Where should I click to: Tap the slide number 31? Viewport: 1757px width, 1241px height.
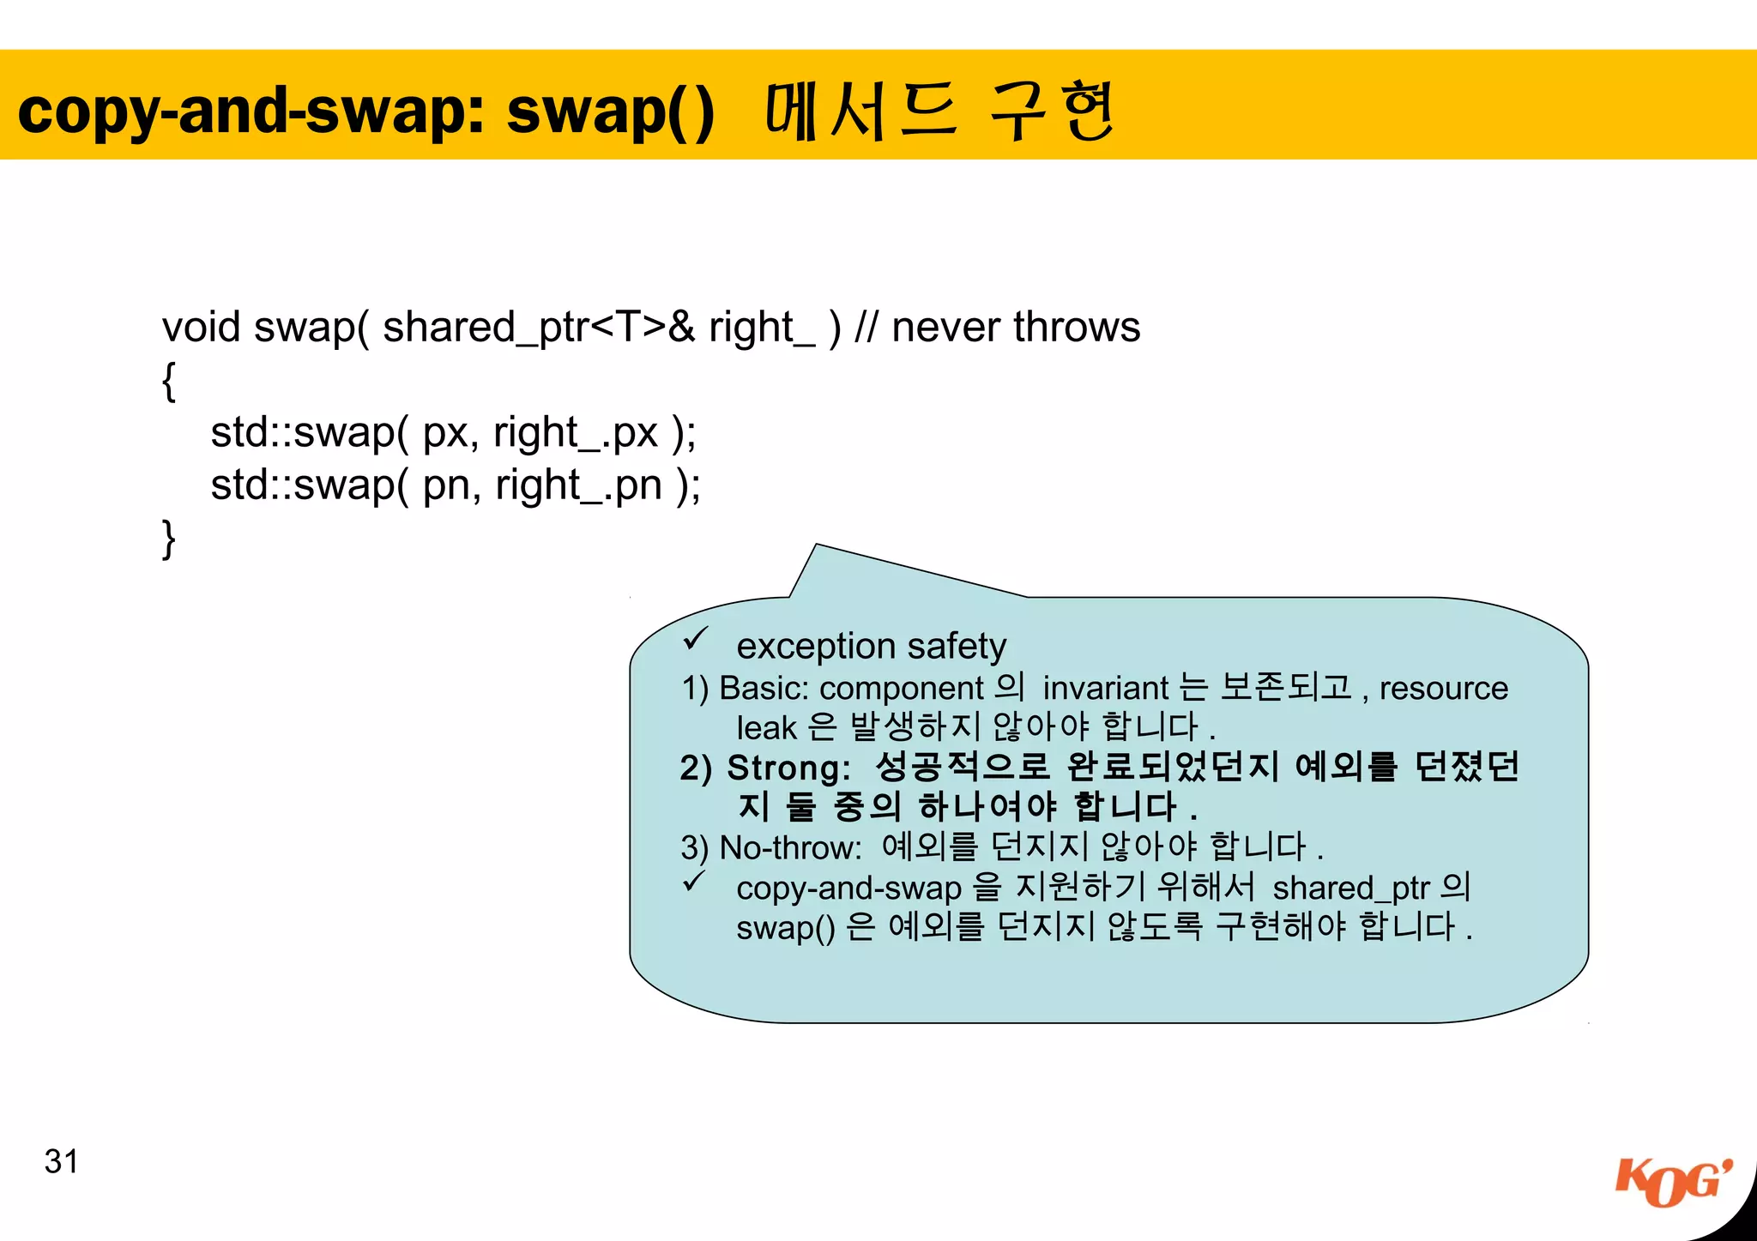click(61, 1162)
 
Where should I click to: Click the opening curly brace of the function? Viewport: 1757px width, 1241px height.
click(169, 381)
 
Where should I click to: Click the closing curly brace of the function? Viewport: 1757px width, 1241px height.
click(169, 539)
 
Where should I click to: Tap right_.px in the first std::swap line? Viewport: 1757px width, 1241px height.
click(575, 433)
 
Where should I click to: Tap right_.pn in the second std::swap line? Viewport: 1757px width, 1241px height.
click(578, 486)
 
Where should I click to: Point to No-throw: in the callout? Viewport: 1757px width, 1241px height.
click(790, 847)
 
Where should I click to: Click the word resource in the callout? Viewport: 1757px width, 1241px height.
click(1443, 688)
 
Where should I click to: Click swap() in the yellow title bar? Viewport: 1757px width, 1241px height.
click(610, 111)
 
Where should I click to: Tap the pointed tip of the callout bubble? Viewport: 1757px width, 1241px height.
click(816, 545)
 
